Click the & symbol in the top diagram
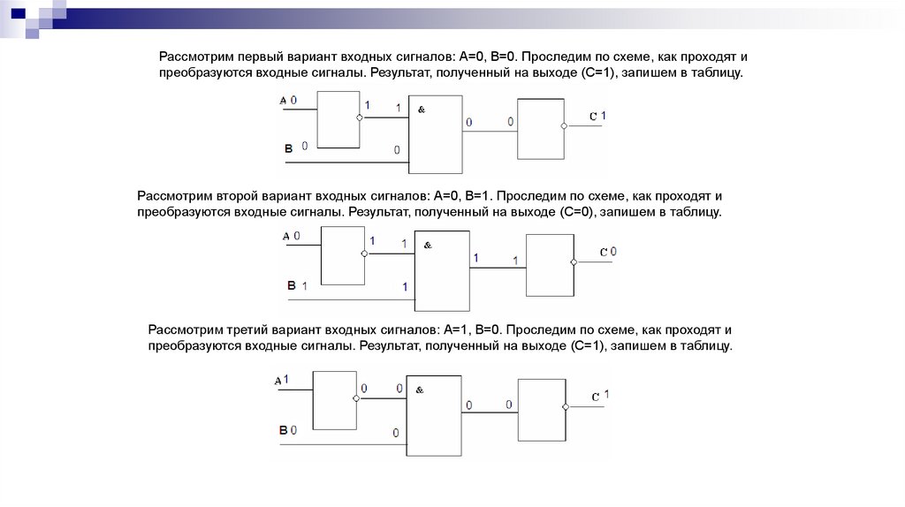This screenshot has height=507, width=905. pos(421,109)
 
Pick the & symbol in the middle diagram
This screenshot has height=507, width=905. pos(427,246)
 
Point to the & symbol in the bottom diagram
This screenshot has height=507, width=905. pos(420,390)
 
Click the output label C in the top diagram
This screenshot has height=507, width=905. pos(593,117)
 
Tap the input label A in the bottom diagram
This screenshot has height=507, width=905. pos(278,380)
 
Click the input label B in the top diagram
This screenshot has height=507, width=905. pos(288,151)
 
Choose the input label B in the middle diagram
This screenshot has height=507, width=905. pos(291,285)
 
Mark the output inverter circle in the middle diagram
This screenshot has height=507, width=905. pos(574,262)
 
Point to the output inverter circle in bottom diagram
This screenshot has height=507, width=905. pos(566,405)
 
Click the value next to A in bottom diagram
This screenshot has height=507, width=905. pos(286,378)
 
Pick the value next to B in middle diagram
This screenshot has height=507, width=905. pos(304,286)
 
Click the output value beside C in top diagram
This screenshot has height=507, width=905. pos(605,116)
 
